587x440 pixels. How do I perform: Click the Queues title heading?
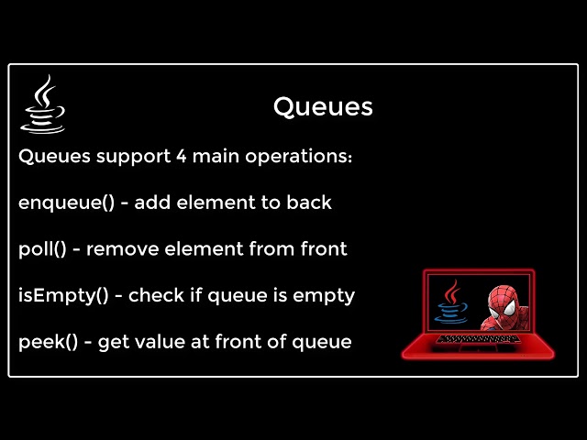point(323,107)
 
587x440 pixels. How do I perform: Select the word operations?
point(298,157)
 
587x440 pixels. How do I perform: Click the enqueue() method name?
point(67,203)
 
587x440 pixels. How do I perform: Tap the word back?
point(309,203)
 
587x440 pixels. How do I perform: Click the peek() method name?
point(47,343)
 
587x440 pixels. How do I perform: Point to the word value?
point(152,342)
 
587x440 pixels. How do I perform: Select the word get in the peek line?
point(112,343)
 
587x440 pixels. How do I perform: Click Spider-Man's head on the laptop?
point(503,307)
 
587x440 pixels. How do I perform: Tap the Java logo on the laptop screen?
point(451,302)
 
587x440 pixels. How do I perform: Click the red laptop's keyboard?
point(468,340)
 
